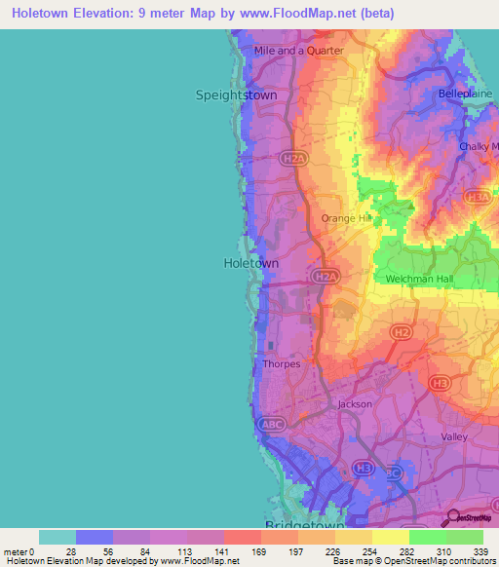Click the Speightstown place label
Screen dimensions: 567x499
[x=236, y=95]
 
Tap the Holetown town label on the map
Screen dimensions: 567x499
[x=251, y=263]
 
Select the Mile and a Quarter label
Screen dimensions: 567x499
[x=298, y=51]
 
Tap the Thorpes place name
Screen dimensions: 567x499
[x=282, y=364]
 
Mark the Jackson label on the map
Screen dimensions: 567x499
[x=355, y=403]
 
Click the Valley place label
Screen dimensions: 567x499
[x=454, y=437]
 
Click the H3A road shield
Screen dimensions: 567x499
[x=478, y=198]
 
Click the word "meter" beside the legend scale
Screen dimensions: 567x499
[x=16, y=551]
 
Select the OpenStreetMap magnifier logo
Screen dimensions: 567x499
[x=452, y=517]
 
